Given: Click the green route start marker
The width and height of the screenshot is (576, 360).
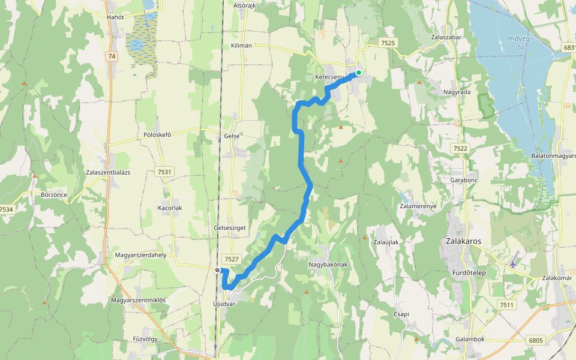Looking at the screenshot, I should (359, 73).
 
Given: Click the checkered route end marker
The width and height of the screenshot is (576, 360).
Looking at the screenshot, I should (218, 271).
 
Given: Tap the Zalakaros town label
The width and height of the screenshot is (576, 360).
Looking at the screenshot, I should (464, 241).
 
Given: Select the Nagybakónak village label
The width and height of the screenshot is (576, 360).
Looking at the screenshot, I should (328, 265).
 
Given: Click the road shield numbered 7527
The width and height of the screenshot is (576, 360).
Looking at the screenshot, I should (231, 259).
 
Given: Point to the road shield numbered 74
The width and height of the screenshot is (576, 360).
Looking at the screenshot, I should (111, 56).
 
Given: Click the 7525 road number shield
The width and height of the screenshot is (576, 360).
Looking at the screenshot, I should (388, 43).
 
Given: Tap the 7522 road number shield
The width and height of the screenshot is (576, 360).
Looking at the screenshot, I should (460, 148).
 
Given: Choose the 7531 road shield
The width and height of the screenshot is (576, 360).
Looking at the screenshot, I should (164, 172).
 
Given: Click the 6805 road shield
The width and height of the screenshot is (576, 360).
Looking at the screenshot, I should (536, 340).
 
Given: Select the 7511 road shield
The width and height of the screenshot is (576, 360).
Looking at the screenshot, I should (506, 305).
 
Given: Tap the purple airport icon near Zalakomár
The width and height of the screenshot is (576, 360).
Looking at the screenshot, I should (513, 263).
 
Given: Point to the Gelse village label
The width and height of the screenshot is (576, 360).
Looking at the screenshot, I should (232, 136).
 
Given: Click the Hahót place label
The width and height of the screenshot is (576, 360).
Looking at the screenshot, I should (115, 17).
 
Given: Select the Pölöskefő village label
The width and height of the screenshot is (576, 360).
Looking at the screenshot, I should (158, 134).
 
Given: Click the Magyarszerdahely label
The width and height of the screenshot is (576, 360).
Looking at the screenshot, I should (140, 254).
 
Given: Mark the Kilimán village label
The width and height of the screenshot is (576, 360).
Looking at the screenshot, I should (241, 46).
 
